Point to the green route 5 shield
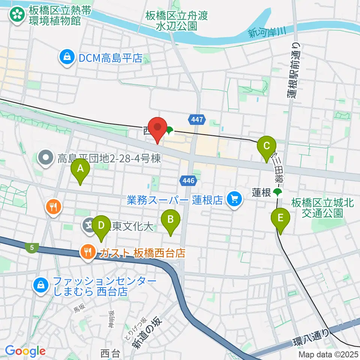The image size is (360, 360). (x=32, y=247)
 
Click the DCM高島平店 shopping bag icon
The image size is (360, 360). (x=66, y=58)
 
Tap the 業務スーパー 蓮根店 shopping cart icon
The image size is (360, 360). (x=235, y=199)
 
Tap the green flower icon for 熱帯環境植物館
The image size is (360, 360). (x=17, y=15)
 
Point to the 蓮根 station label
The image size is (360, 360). (x=261, y=193)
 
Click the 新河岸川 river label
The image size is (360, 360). (x=267, y=33)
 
